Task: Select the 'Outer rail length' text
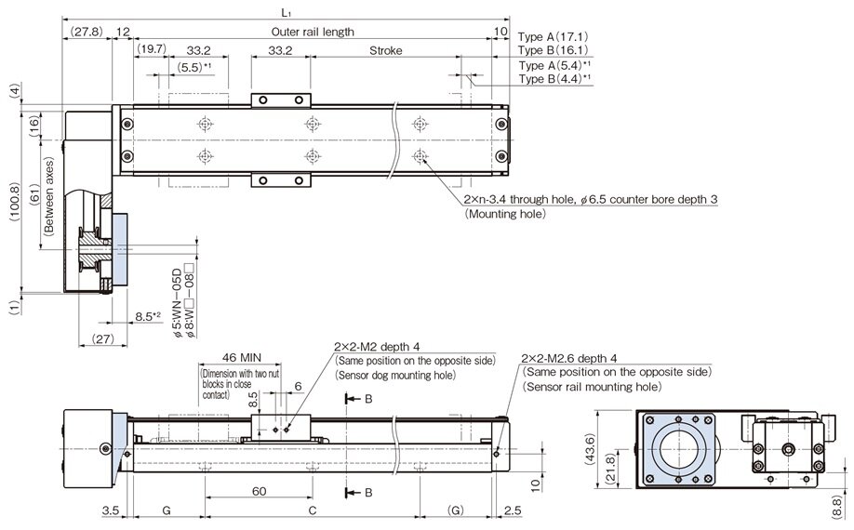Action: (312, 32)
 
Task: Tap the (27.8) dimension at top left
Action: (86, 32)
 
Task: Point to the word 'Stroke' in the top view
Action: (384, 50)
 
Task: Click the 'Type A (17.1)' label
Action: (553, 36)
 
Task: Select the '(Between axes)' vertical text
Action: (46, 203)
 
